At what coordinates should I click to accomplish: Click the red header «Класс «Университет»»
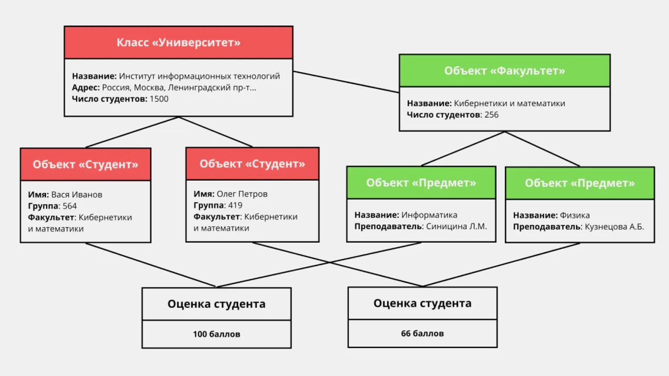tap(178, 43)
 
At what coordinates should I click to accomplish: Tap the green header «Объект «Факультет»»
tap(504, 71)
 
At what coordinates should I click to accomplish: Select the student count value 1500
tap(159, 99)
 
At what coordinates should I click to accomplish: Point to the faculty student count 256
tap(491, 115)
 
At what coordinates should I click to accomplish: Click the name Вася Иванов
tap(77, 195)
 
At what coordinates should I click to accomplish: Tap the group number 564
tap(70, 206)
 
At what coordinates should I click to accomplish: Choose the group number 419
tap(235, 205)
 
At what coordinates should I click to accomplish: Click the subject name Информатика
tap(429, 215)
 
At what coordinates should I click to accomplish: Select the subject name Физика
tap(575, 215)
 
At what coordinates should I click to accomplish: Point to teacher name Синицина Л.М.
tap(456, 226)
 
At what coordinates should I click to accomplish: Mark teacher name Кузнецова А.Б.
tap(614, 227)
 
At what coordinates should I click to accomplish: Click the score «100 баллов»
tap(216, 334)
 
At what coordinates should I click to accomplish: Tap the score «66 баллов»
tap(422, 333)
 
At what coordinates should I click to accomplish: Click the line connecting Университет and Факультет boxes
tap(346, 82)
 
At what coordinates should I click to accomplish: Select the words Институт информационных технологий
tap(199, 76)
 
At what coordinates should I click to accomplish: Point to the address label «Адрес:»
tap(86, 88)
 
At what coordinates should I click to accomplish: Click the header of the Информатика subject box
tap(421, 183)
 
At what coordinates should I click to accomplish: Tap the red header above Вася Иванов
tap(86, 165)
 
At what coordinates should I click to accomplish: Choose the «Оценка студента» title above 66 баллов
tap(422, 303)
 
